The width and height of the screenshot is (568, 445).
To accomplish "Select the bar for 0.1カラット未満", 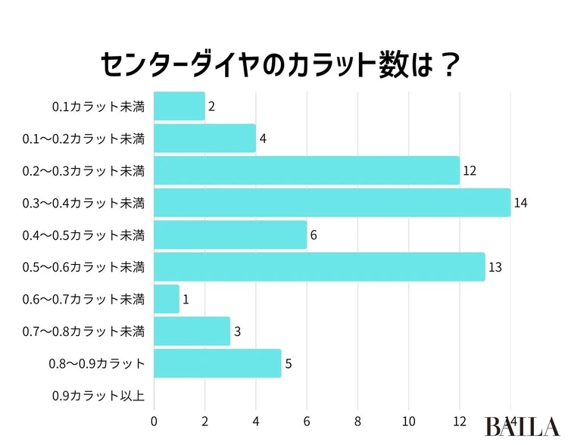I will tap(179, 107).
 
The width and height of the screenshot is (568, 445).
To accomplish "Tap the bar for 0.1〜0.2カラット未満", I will tap(204, 138).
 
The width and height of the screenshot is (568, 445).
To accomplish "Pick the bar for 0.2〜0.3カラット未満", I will tap(307, 170).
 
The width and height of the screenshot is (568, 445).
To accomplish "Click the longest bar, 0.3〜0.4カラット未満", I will tap(332, 203).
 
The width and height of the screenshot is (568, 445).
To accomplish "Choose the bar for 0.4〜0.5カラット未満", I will tap(230, 235).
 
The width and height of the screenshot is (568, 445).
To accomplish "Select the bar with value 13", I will tap(319, 267).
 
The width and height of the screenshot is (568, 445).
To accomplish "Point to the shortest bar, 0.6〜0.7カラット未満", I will tap(167, 299).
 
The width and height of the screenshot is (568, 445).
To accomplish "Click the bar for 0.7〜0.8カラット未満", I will tap(192, 331).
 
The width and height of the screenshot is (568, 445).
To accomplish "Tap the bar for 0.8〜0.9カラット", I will tap(217, 363).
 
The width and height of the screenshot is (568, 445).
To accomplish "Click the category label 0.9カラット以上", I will tap(98, 396).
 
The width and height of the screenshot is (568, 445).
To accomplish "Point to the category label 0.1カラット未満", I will tap(98, 107).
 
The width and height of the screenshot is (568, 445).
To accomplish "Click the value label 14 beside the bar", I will tap(520, 203).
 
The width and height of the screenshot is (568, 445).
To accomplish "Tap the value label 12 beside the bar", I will tap(470, 170).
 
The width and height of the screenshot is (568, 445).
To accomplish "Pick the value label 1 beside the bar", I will tap(186, 299).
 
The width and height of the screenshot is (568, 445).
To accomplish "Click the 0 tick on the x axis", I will tap(154, 422).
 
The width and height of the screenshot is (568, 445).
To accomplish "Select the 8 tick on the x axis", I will tap(357, 422).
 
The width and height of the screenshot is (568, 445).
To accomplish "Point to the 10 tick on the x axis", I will tap(409, 422).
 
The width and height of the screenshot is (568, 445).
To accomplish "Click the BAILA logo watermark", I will tap(523, 425).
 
